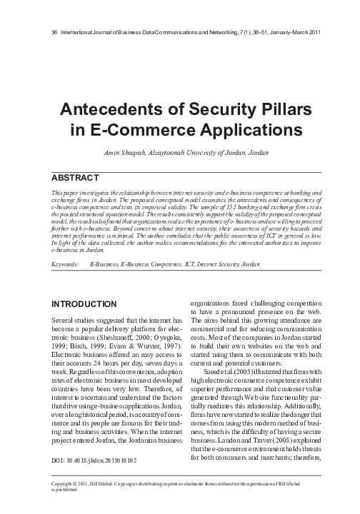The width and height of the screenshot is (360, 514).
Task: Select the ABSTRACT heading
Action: click(78, 176)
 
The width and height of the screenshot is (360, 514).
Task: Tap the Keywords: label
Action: click(65, 264)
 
